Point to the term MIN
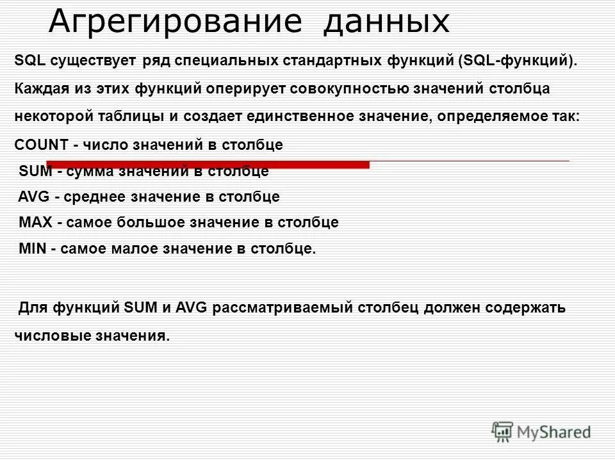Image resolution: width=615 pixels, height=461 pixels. pos(32,248)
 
